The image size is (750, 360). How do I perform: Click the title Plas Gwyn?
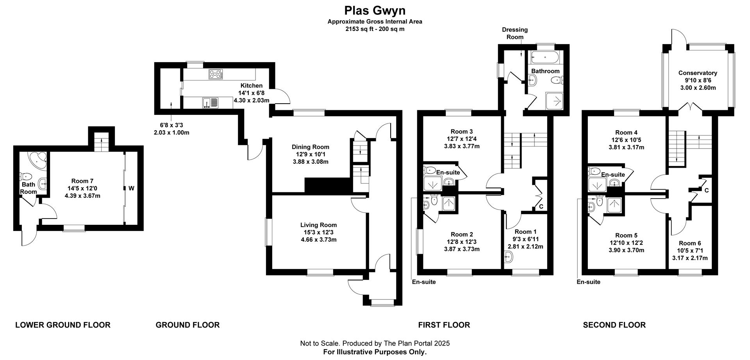pos(375,10)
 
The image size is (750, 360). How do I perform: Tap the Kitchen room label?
pos(251,86)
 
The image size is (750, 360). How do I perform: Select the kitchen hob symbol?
pos(216,74)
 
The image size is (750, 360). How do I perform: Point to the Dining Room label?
pos(310,147)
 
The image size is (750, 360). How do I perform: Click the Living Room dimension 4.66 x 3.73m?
pos(318,240)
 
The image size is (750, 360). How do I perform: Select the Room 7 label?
pos(82,181)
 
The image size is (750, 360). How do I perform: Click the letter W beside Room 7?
pos(131,188)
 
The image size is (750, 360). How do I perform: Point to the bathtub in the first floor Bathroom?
pos(545,59)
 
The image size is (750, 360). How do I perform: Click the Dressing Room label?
pos(514,33)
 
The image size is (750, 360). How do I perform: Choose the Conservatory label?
pos(698,73)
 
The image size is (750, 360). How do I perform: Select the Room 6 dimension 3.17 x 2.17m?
pos(689,258)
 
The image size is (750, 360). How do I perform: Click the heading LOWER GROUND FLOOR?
pos(62,325)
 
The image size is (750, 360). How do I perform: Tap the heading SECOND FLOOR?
pos(614,325)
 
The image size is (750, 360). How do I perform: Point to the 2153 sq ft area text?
pos(375,29)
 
